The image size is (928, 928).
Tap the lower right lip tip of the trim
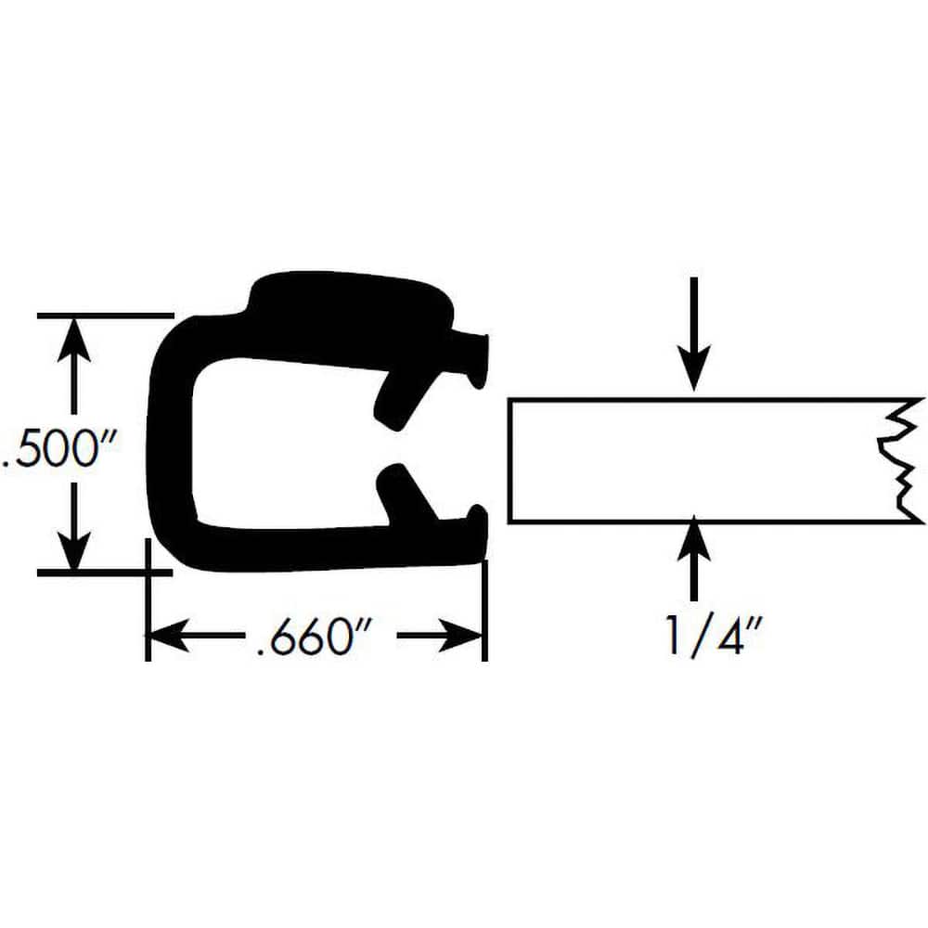[x=477, y=529]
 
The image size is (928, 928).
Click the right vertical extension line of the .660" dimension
[x=485, y=612]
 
